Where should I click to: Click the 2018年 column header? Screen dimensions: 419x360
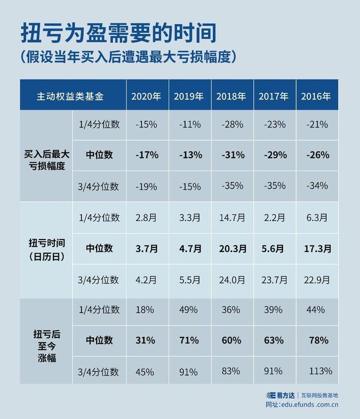pos(231,96)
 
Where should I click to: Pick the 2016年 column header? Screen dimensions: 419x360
pos(316,96)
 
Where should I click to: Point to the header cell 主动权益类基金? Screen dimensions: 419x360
pos(70,96)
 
